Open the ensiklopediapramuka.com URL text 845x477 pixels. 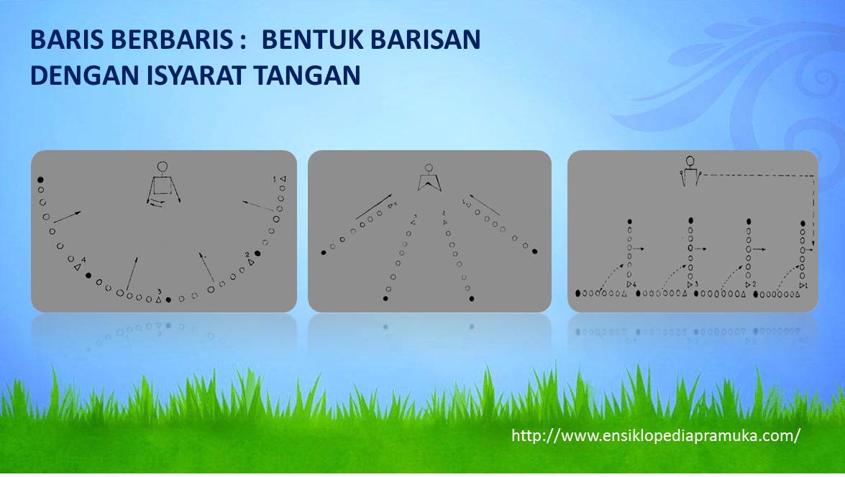pos(655,435)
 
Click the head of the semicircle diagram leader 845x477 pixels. pos(163,168)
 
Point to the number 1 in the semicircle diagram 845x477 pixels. pos(274,178)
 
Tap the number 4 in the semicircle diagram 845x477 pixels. pos(84,259)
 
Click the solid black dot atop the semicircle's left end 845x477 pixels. pos(41,179)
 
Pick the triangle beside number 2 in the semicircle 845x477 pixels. pos(251,263)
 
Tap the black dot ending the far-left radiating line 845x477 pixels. pos(324,252)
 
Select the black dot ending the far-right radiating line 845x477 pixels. pos(535,252)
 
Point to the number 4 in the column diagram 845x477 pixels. pos(634,285)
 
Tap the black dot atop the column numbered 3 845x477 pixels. pos(691,221)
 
